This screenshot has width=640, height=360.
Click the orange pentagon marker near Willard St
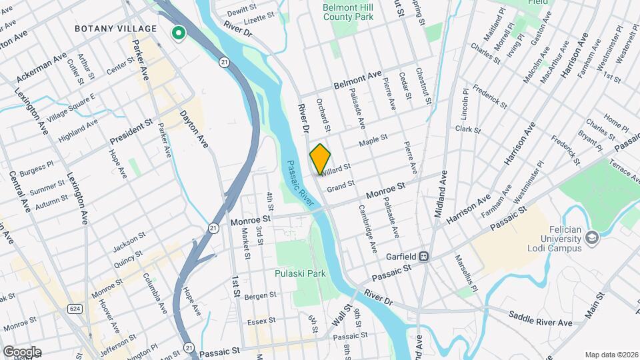(x=320, y=159)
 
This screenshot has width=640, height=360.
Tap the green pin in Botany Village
(x=178, y=33)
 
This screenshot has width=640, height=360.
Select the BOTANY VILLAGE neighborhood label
(x=116, y=29)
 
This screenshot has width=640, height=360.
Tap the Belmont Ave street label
(x=357, y=79)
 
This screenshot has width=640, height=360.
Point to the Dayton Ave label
(x=193, y=128)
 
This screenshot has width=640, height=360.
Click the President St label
(x=131, y=133)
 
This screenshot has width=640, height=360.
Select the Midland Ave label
(x=440, y=193)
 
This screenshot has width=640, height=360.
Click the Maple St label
(x=373, y=142)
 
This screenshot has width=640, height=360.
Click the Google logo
(x=22, y=352)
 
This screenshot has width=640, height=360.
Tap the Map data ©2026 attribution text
(x=610, y=354)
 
